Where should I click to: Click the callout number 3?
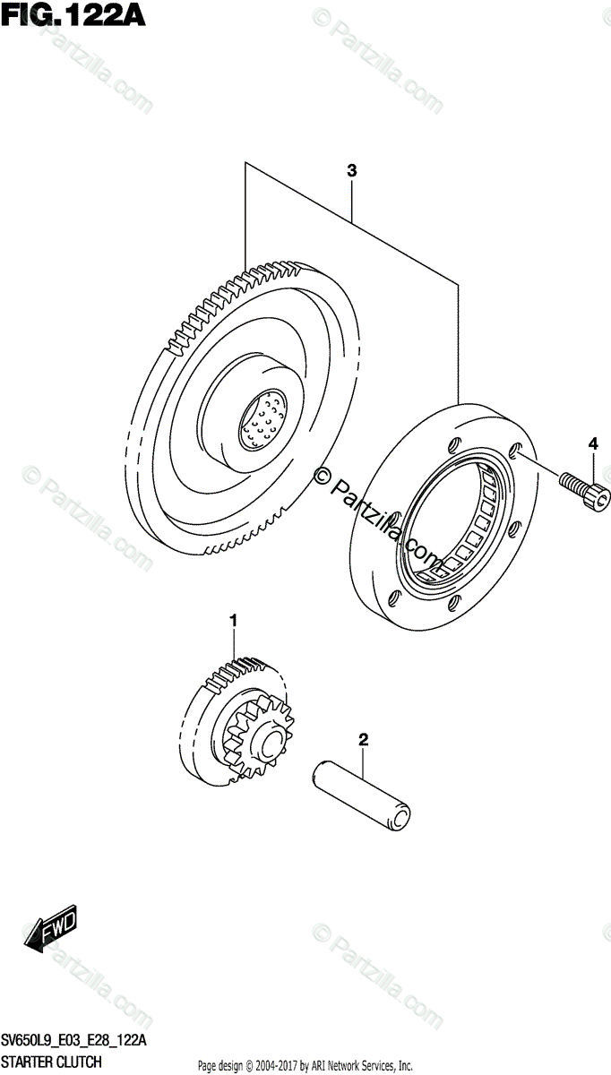click(x=352, y=170)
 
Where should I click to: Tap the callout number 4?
click(x=592, y=443)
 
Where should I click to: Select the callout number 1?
click(x=234, y=621)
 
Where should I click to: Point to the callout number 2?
click(x=363, y=740)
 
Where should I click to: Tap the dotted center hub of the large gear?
click(x=262, y=417)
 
